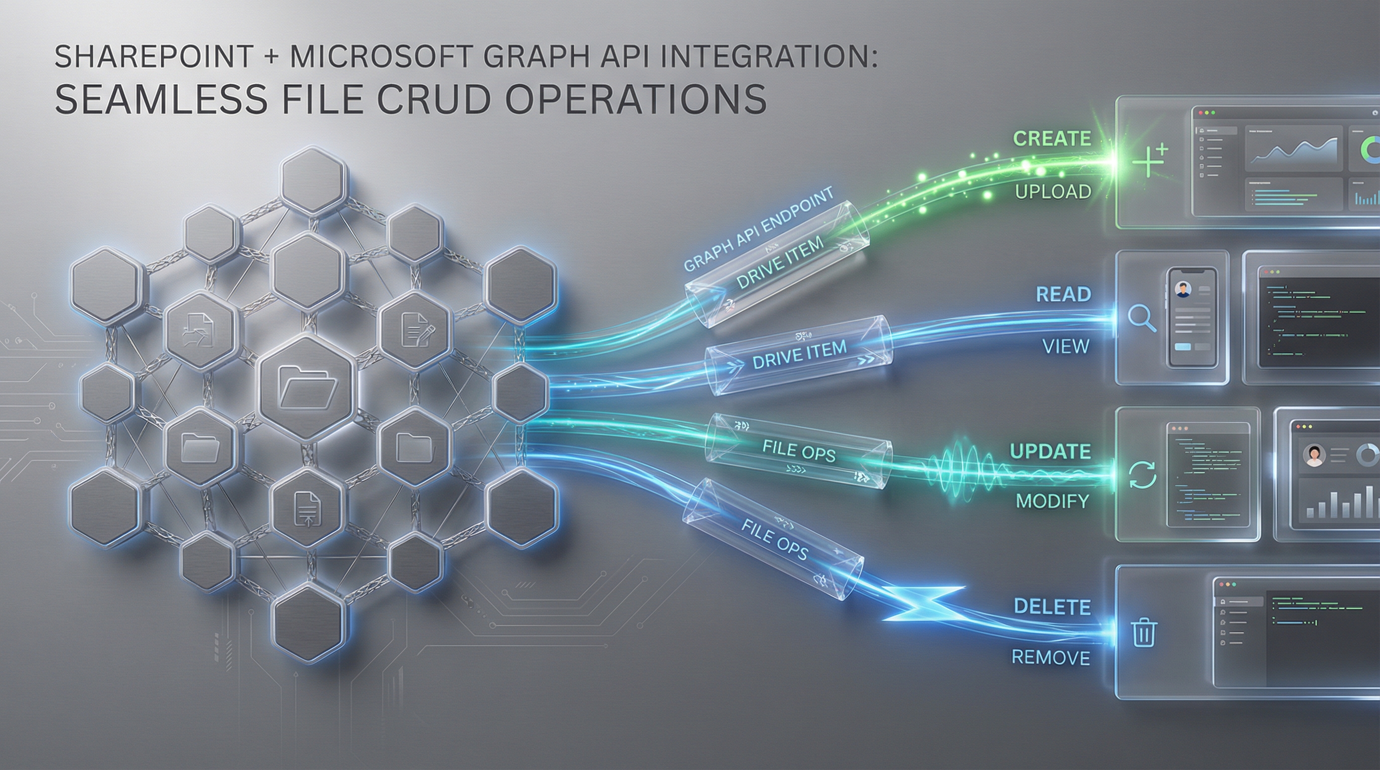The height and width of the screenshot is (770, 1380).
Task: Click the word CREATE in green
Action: pos(1052,139)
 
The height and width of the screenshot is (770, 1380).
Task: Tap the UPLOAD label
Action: pos(1053,191)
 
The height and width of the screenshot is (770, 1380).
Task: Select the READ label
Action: pos(1064,294)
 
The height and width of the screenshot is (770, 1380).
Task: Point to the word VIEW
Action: pos(1066,347)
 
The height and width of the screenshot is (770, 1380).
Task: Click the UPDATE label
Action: pos(1050,451)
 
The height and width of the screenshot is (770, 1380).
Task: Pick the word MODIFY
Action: pos(1052,501)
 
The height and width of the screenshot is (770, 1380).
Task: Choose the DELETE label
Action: pos(1052,607)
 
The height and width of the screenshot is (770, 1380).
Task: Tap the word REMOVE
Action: pos(1051,658)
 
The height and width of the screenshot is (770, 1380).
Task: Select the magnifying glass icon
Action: pos(1142,319)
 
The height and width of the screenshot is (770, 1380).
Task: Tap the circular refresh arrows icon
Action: pos(1142,475)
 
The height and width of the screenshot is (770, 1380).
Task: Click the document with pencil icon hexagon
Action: pos(414,328)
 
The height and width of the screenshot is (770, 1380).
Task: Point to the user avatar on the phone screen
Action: pos(1181,290)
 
